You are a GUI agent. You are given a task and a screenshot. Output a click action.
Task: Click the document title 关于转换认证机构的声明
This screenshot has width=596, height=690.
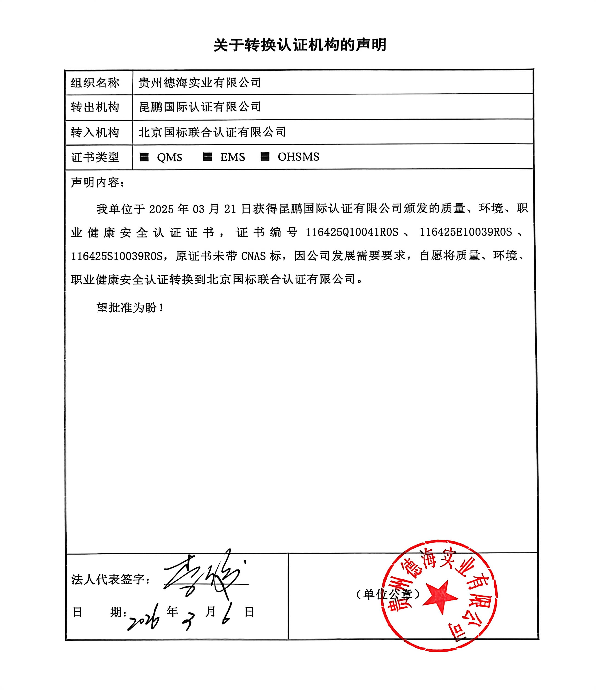coord(299,45)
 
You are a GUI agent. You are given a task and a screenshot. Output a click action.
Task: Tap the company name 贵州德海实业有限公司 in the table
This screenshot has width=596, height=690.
coord(200,83)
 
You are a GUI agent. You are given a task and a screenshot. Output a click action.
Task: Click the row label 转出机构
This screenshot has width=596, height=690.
coord(95,107)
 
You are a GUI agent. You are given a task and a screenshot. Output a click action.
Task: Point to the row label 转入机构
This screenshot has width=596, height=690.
coord(95,132)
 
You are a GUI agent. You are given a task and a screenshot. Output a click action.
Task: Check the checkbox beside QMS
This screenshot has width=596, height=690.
coord(144,157)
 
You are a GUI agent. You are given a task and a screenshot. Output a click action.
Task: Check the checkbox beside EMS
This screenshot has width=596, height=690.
coord(207,157)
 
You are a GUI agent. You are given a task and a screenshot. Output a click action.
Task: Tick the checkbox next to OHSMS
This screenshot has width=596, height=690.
coord(265,157)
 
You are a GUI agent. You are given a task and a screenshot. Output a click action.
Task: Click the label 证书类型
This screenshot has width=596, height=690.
coord(95,157)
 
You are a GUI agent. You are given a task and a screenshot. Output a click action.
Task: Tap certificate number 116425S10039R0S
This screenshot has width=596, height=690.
coord(117,256)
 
